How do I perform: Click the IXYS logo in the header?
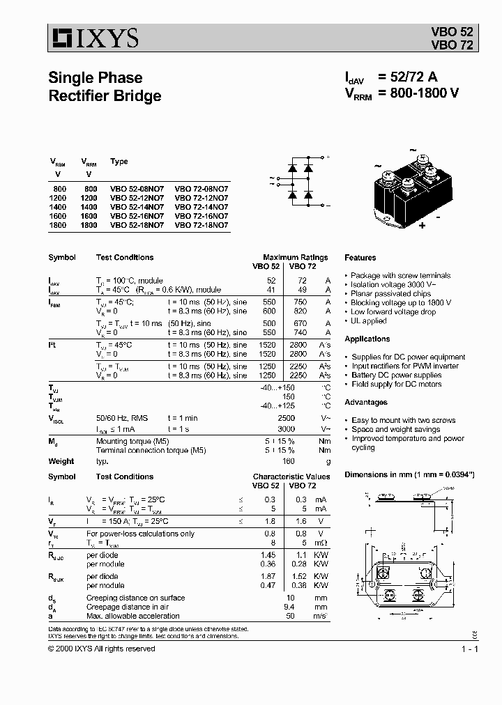point(94,37)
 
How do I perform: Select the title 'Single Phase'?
point(96,77)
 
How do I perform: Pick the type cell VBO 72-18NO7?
point(201,225)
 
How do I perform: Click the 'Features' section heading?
point(360,258)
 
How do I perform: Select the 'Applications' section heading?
point(367,339)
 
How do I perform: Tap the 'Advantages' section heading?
point(366,403)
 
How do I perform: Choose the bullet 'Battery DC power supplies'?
point(396,375)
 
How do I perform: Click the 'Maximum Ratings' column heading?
point(291,257)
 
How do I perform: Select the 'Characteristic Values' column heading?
point(286,477)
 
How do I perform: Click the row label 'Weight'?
point(61,461)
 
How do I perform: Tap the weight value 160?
point(289,461)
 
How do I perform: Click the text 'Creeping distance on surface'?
point(135,598)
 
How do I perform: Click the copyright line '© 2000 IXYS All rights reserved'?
point(102,649)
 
